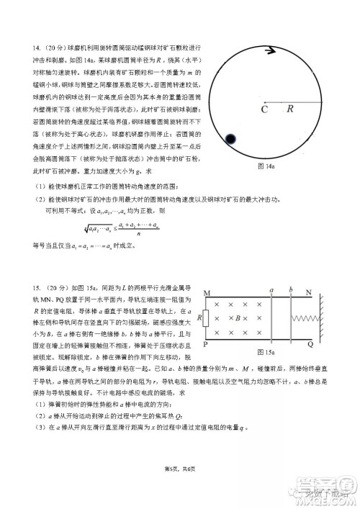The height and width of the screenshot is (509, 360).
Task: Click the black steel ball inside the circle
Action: (232, 138)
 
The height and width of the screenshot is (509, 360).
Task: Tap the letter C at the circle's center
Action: (264, 109)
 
